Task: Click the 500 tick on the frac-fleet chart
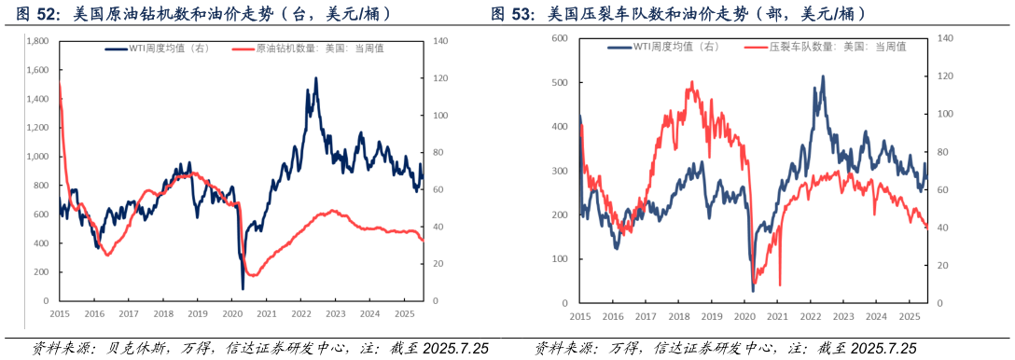560,82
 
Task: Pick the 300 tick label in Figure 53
560,172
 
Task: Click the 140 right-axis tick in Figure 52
440,42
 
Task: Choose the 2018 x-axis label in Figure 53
679,317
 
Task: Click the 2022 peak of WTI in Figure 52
315,79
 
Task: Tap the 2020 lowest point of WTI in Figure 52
243,288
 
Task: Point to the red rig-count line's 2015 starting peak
61,84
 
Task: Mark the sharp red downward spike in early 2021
780,284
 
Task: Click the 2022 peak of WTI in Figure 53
822,76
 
